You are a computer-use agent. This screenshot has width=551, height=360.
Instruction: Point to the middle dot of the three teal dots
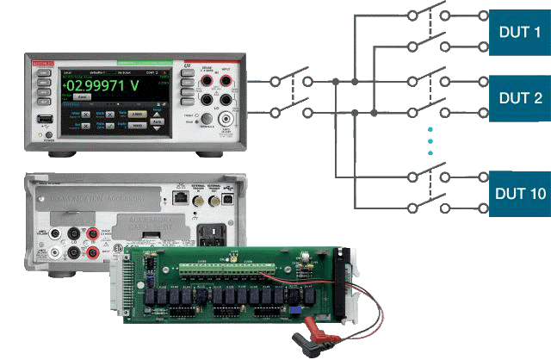coord(430,141)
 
